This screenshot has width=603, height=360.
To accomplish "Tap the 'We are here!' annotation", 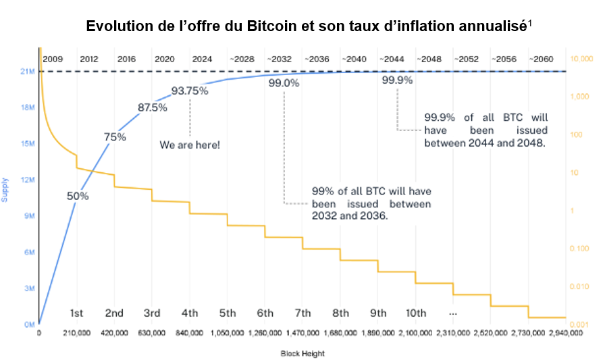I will click(190, 145).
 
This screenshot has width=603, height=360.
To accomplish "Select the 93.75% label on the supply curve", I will click(190, 91).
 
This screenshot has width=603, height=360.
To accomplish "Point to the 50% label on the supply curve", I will click(78, 196).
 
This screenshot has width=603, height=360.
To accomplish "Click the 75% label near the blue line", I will click(115, 137).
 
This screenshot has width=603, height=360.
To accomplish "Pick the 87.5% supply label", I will click(153, 107).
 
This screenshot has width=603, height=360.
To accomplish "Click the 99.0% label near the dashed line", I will click(284, 83).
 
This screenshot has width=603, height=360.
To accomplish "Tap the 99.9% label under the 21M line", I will click(397, 80).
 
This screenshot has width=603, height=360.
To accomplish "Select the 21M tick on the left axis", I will click(27, 72).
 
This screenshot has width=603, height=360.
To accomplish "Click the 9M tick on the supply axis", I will click(28, 216).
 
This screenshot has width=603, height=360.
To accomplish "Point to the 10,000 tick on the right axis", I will click(581, 59).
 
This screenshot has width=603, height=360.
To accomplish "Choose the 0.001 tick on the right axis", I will click(580, 326).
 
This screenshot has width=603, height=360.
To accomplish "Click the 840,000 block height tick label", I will click(190, 334).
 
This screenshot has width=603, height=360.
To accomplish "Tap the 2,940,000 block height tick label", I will click(566, 334).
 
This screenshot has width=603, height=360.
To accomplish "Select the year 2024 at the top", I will click(202, 59).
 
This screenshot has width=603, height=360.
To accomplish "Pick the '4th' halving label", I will click(190, 313).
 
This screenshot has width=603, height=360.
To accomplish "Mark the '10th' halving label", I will click(416, 313).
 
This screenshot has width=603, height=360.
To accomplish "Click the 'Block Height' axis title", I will click(303, 353).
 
